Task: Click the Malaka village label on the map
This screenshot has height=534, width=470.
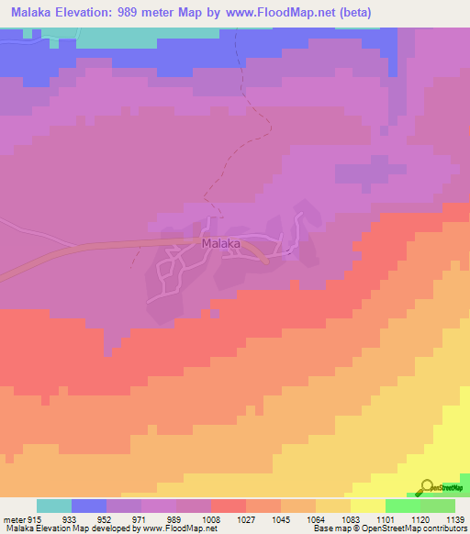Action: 220,244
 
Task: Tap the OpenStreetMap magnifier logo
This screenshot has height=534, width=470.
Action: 427,488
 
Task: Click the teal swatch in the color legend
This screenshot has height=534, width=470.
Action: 53,506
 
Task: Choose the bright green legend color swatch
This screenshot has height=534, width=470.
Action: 402,506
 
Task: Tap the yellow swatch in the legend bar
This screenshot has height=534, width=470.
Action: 367,506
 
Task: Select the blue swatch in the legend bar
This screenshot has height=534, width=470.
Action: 88,506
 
